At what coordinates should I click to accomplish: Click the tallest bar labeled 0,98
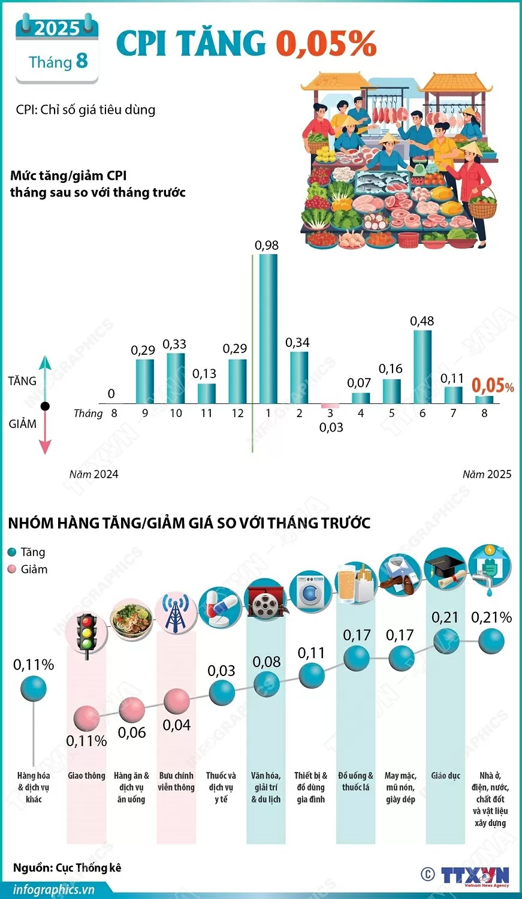click(x=268, y=328)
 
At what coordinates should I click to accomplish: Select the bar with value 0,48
click(x=422, y=366)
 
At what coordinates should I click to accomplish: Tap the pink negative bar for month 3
click(x=330, y=406)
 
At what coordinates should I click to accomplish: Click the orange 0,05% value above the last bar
click(x=492, y=385)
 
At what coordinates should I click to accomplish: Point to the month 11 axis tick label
click(x=206, y=414)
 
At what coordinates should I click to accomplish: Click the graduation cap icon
click(x=445, y=570)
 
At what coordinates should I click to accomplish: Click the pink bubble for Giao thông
click(x=87, y=717)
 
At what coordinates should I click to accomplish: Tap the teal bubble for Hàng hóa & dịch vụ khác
click(x=34, y=689)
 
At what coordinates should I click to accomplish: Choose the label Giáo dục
click(x=445, y=776)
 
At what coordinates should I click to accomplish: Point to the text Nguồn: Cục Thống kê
click(x=67, y=867)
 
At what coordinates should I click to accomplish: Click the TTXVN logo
click(x=474, y=876)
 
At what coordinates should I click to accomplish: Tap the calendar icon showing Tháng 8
click(x=57, y=52)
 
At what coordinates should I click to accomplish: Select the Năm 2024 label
click(x=93, y=474)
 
